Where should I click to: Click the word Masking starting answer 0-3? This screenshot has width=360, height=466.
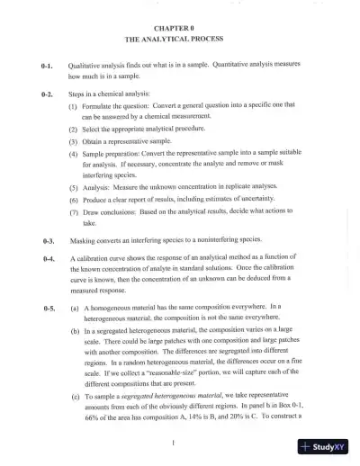[82, 241]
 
